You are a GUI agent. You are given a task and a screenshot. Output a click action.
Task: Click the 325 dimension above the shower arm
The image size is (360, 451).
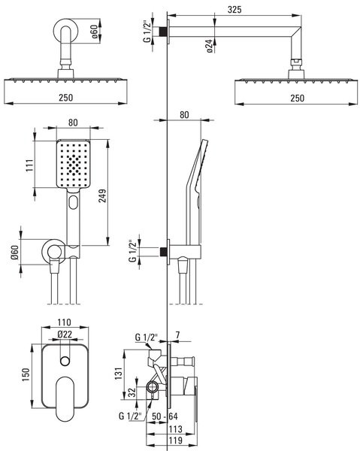[x=234, y=10]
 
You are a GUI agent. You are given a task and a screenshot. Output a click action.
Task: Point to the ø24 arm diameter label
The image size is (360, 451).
[x=210, y=46]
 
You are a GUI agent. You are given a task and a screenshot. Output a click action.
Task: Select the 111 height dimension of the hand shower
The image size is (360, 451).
[x=30, y=165]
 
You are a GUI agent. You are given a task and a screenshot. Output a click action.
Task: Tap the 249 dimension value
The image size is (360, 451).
[x=103, y=195]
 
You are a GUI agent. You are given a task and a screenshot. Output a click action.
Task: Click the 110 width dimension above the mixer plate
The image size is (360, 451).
[x=64, y=322]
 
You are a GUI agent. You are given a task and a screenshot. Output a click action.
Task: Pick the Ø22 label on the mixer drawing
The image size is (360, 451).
[x=65, y=334]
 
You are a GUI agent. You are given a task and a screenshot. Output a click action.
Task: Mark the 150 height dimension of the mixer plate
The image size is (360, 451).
[x=26, y=375]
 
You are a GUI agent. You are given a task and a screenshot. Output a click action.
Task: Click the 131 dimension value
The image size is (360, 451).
[x=119, y=374]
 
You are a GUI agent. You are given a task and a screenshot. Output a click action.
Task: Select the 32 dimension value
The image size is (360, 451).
[x=132, y=392]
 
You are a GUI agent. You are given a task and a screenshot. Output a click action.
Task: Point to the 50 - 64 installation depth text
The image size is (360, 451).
[x=165, y=416]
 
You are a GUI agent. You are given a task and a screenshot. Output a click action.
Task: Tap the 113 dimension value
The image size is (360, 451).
[x=175, y=429]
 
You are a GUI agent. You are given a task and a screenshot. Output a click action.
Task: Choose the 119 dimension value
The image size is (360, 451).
[x=175, y=440]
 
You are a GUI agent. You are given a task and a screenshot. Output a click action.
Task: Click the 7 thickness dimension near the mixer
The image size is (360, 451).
[x=177, y=335]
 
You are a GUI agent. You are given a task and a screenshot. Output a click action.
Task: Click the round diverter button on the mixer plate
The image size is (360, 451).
[x=65, y=361]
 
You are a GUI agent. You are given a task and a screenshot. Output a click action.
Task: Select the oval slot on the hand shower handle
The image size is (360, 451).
[x=73, y=202]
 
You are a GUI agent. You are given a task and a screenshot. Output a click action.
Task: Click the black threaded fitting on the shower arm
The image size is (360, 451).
[x=163, y=32]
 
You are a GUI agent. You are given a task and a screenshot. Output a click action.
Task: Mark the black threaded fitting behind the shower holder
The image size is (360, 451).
[x=163, y=252]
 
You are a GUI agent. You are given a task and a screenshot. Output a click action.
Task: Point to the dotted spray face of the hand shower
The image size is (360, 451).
[x=74, y=164]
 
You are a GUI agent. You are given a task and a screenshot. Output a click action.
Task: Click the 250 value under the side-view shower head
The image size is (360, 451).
[x=297, y=98]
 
